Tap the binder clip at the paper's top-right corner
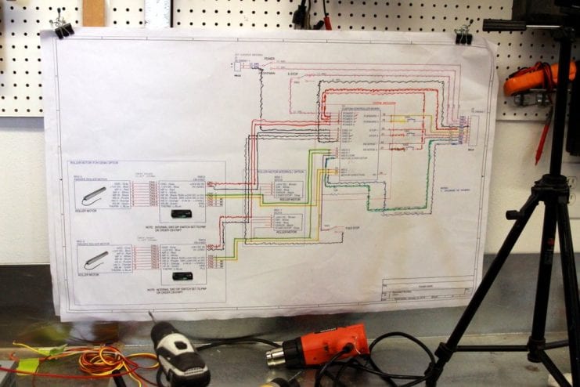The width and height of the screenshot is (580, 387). coord(463,33)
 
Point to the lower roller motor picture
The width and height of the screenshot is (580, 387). coord(95,257)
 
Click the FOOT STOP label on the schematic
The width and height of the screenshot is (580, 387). coord(351,228)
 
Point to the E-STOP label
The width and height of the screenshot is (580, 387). coord(295,76)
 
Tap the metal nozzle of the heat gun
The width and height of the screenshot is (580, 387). coord(276,356)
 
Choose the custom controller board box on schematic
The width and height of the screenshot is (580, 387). coord(352,141)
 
